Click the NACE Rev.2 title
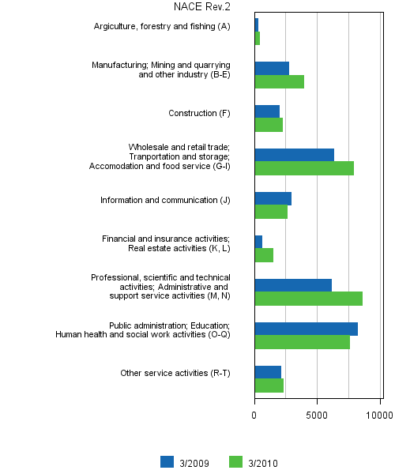(202, 7)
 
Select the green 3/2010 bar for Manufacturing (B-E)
(279, 81)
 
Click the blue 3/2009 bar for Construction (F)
(267, 111)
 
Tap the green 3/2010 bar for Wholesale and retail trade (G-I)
(304, 168)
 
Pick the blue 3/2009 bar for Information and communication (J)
(273, 198)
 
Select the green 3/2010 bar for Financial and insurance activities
(264, 255)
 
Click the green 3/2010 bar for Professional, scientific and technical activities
(308, 299)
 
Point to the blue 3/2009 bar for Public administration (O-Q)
(306, 329)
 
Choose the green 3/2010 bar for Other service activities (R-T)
(269, 386)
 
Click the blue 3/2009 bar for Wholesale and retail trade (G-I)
(294, 155)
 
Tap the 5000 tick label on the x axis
(318, 413)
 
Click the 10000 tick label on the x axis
(378, 413)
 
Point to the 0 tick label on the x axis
(254, 413)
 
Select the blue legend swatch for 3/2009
(167, 462)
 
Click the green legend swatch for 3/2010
(235, 462)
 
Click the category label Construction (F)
(199, 114)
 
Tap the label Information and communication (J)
(165, 201)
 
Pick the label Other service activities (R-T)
(175, 374)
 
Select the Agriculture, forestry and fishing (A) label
(162, 27)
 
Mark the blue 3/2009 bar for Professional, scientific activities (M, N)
(293, 285)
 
